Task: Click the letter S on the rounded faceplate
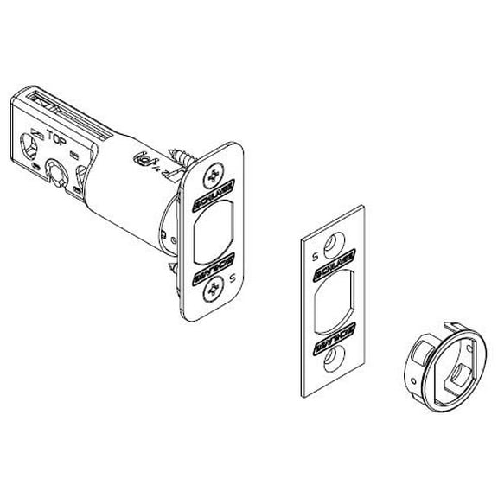[233, 278]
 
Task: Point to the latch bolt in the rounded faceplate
[215, 237]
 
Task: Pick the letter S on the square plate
[315, 257]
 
